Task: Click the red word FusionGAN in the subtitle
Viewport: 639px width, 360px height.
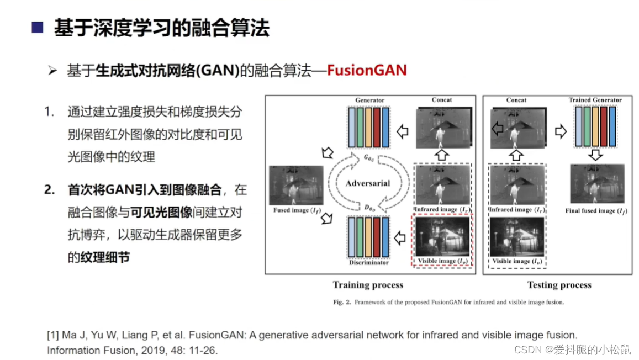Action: point(367,70)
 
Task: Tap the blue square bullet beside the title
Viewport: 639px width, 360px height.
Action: point(38,28)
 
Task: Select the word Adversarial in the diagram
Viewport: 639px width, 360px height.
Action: point(368,183)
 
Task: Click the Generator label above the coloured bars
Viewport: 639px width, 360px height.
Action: point(369,100)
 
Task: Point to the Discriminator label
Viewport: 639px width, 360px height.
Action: point(369,263)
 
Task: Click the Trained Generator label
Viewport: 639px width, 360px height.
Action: point(595,100)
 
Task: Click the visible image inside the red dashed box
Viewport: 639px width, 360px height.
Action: point(442,237)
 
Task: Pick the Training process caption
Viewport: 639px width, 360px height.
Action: point(368,285)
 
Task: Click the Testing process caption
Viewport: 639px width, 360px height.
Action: point(559,285)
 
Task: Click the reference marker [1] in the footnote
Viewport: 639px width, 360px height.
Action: point(54,335)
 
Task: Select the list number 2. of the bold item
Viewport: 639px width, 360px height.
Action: point(50,190)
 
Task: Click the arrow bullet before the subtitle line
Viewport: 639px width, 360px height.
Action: point(52,71)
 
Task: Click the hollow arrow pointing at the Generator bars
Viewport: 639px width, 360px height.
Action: point(402,131)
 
